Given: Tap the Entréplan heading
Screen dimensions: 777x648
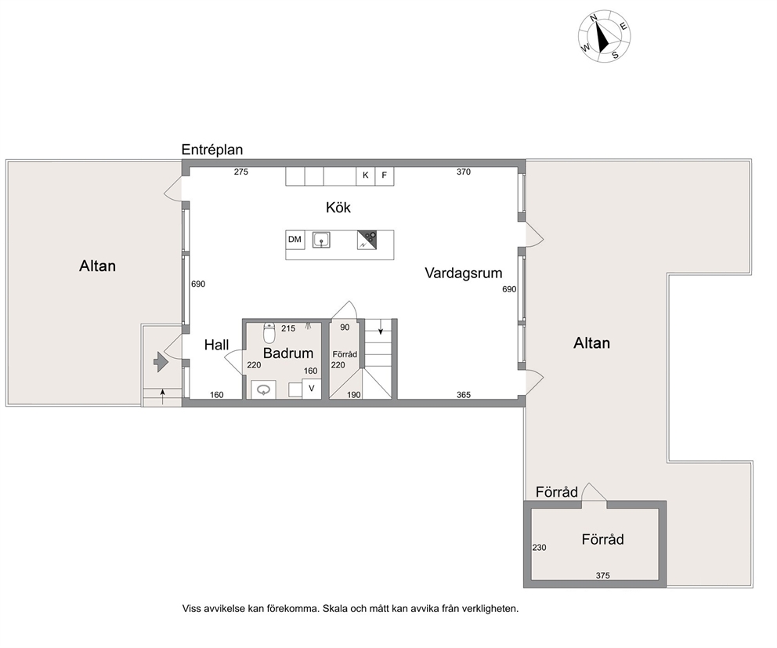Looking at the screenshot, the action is point(212,150).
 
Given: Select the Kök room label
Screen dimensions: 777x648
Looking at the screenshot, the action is point(338,207).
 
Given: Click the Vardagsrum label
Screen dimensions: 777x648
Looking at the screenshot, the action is point(464,273).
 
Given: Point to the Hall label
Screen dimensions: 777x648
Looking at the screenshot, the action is point(216,345).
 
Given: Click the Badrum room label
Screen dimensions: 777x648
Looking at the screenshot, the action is point(288,353).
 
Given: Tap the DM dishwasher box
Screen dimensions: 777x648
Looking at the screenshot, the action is point(295,240).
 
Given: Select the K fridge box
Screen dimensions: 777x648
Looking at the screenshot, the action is point(366,176).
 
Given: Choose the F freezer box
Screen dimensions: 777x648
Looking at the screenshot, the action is point(385,176).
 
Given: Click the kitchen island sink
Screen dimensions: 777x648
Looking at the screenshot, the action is point(322,241).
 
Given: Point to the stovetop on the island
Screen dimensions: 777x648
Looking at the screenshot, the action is point(367,240).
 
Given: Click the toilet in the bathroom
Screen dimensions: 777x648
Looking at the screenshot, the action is point(269,333).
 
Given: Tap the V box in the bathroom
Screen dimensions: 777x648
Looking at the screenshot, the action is point(312,388).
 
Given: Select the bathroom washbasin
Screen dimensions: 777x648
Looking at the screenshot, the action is point(264,389).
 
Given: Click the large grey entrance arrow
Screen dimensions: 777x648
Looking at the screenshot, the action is point(161,362).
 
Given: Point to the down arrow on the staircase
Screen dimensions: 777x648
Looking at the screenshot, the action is point(381,327).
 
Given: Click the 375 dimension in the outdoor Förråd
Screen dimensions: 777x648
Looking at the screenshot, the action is point(602,576).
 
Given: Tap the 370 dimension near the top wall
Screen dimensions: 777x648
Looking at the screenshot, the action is point(464,172).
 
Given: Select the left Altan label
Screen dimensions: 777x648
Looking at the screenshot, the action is point(98,266).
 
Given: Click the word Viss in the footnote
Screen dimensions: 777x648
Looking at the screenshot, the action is point(191,608).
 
